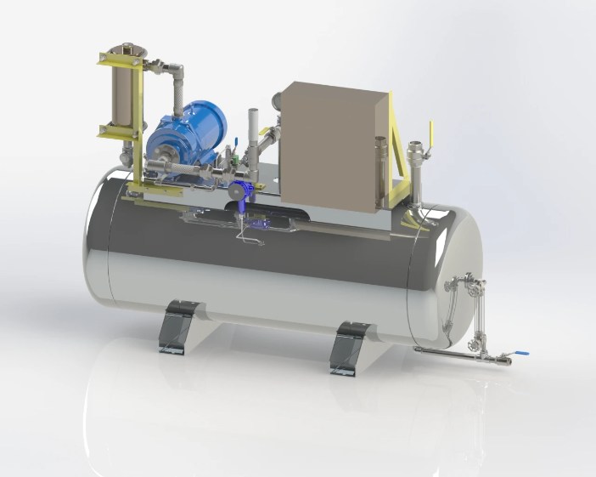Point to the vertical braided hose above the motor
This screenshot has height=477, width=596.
click(x=179, y=98)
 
